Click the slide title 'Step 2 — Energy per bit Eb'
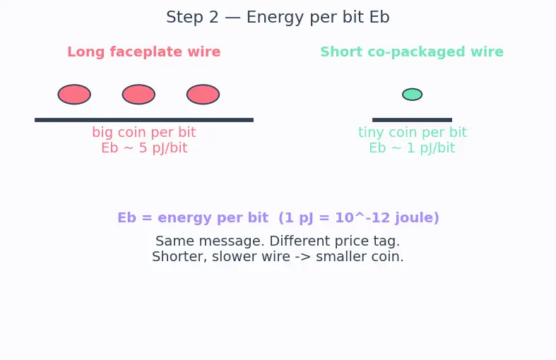pos(278,18)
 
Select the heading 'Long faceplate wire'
pos(144,52)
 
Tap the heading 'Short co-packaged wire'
pos(412,52)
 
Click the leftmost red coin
pos(74,95)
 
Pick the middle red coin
pos(138,95)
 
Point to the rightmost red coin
pos(203,95)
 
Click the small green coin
pos(412,95)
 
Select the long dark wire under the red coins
pos(144,120)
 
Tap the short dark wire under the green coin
pos(412,120)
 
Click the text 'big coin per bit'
pos(144,132)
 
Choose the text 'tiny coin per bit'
pos(413,132)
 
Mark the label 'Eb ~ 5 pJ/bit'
pos(144,148)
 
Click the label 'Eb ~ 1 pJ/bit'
pos(412,148)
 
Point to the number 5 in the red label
pos(143,148)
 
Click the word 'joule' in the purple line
pos(411,218)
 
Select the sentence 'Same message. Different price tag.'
pos(278,241)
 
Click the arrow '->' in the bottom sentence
pos(303,256)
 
